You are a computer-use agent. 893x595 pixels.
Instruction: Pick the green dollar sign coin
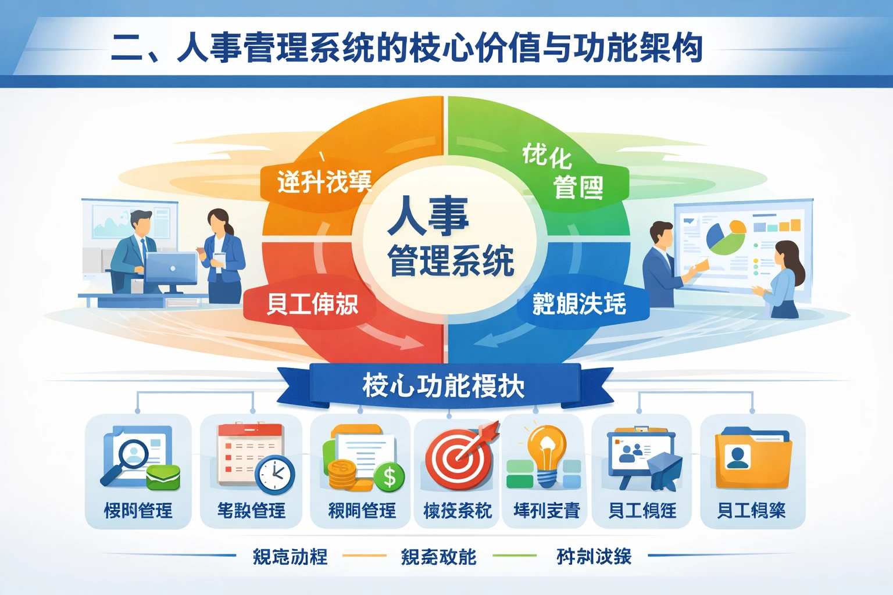[x=389, y=477]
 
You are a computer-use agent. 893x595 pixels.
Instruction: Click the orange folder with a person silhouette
[x=753, y=459]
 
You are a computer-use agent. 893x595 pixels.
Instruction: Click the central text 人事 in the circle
[x=428, y=216]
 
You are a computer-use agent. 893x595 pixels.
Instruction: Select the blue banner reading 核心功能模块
[x=444, y=385]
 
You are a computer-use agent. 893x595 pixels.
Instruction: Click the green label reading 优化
[x=546, y=155]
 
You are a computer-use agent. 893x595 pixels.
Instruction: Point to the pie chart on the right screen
[x=726, y=237]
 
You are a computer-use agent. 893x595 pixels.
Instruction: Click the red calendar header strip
[x=250, y=431]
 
